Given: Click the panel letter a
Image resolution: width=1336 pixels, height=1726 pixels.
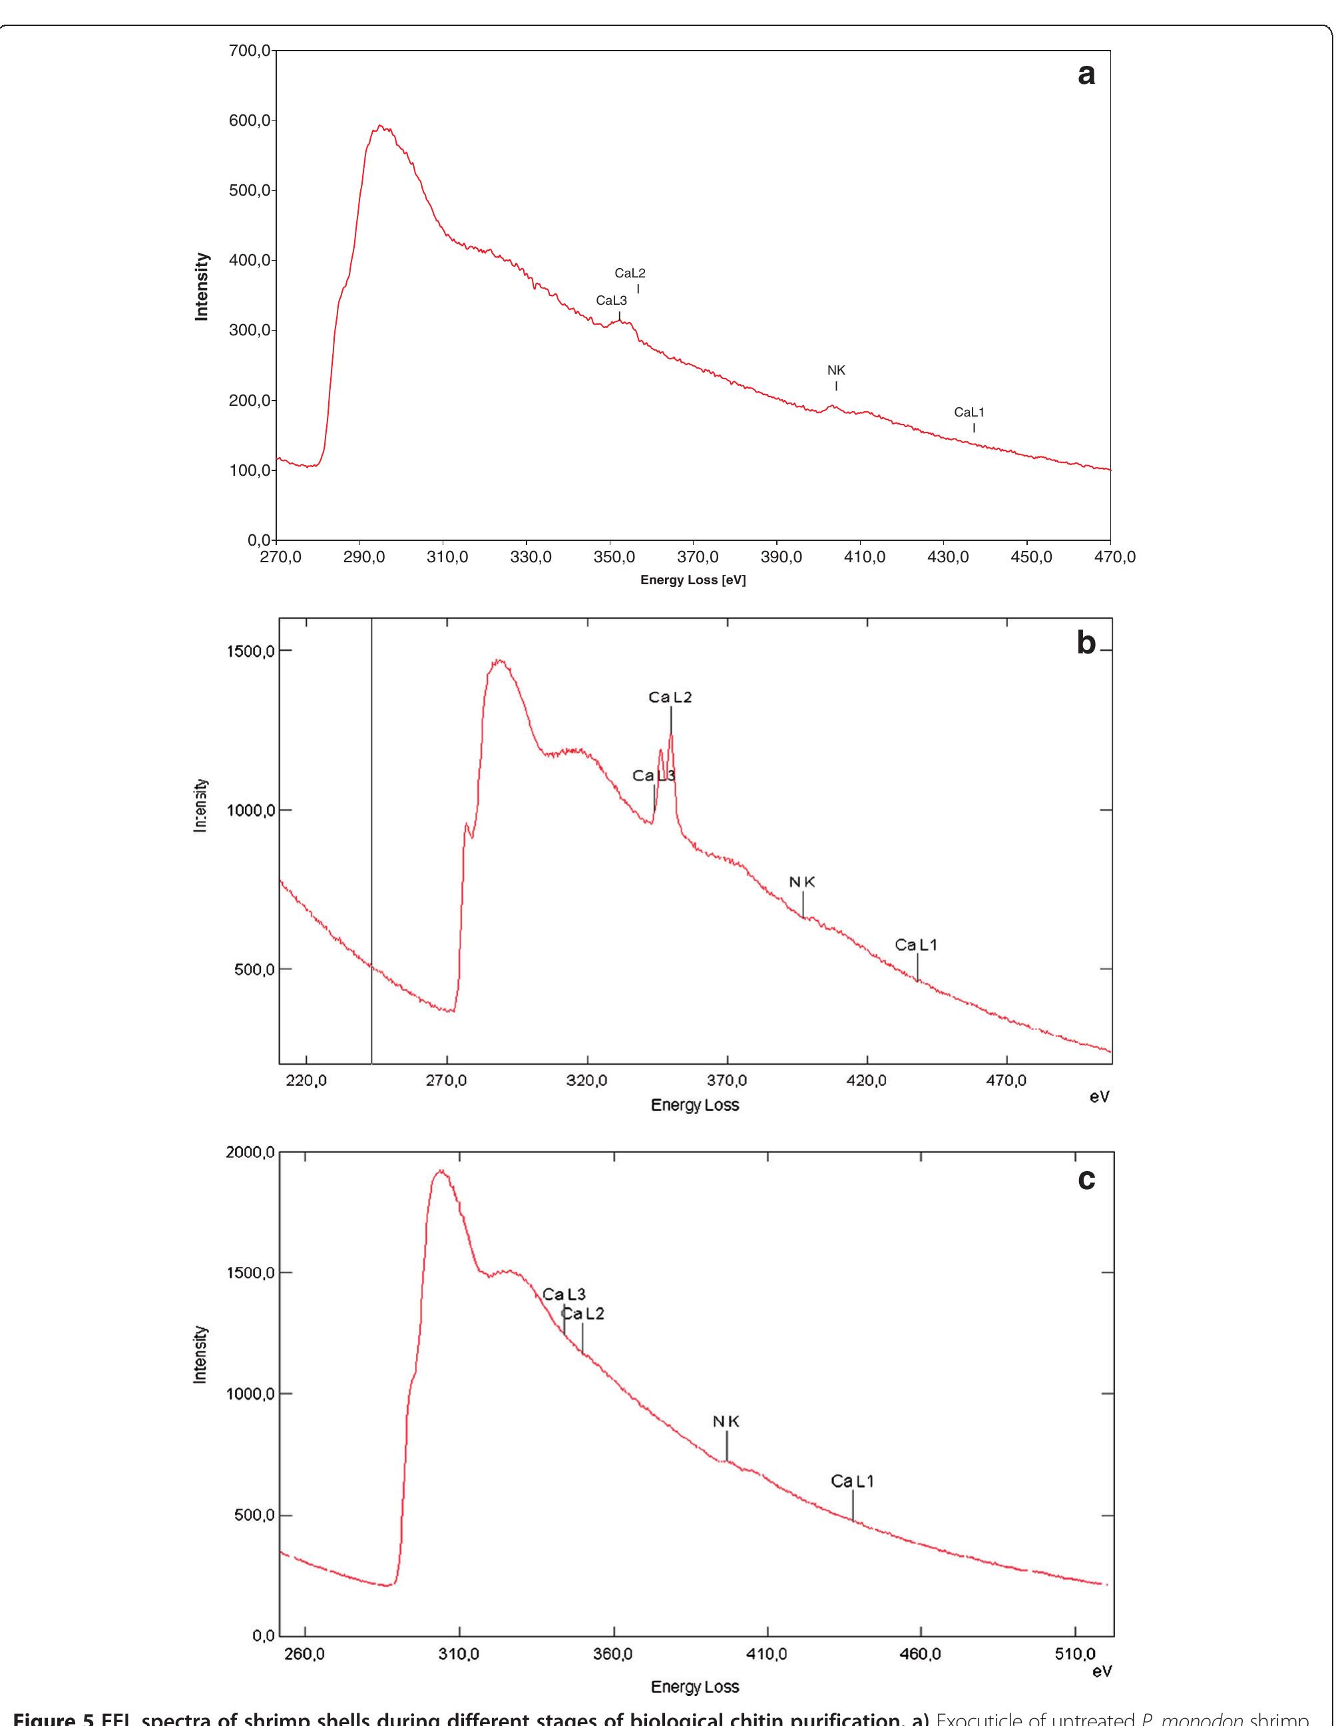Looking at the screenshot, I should (1086, 75).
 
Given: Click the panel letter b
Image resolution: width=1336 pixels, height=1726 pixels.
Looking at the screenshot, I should (1086, 643).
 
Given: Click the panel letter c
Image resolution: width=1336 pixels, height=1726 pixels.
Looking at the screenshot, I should (1086, 1179).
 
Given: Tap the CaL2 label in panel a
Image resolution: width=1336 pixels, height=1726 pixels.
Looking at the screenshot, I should (630, 273).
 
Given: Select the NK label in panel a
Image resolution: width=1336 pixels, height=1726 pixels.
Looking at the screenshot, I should (836, 370).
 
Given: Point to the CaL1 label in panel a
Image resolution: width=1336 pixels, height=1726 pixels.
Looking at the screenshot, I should (969, 412).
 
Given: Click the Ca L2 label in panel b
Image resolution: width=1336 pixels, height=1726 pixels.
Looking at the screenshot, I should (670, 697).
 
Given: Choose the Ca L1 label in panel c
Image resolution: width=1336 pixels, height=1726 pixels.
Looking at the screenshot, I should (852, 1481).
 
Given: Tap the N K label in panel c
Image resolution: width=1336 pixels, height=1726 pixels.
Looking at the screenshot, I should (726, 1422).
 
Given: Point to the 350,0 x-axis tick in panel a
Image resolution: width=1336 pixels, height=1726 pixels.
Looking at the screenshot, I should (614, 557).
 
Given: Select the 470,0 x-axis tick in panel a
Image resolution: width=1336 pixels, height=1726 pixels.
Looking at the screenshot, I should (1114, 557).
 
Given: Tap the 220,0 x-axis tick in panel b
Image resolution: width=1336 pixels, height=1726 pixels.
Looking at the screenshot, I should (306, 1081).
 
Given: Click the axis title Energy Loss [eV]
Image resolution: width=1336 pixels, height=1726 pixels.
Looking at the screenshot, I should (692, 580).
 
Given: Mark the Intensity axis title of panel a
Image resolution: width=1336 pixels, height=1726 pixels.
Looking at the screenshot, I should (202, 287).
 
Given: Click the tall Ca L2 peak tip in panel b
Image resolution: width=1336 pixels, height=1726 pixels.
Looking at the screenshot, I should (670, 736).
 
